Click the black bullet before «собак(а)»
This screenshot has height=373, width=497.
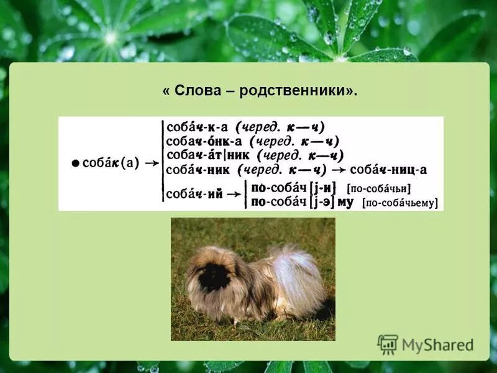coord(75,163)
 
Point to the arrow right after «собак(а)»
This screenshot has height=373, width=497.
coord(150,163)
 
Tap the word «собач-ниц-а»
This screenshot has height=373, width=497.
coord(388,169)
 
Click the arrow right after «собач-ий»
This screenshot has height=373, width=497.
coord(234,194)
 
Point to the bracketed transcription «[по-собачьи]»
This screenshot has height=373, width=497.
coord(379,188)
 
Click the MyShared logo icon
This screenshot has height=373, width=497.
coord(388,344)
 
